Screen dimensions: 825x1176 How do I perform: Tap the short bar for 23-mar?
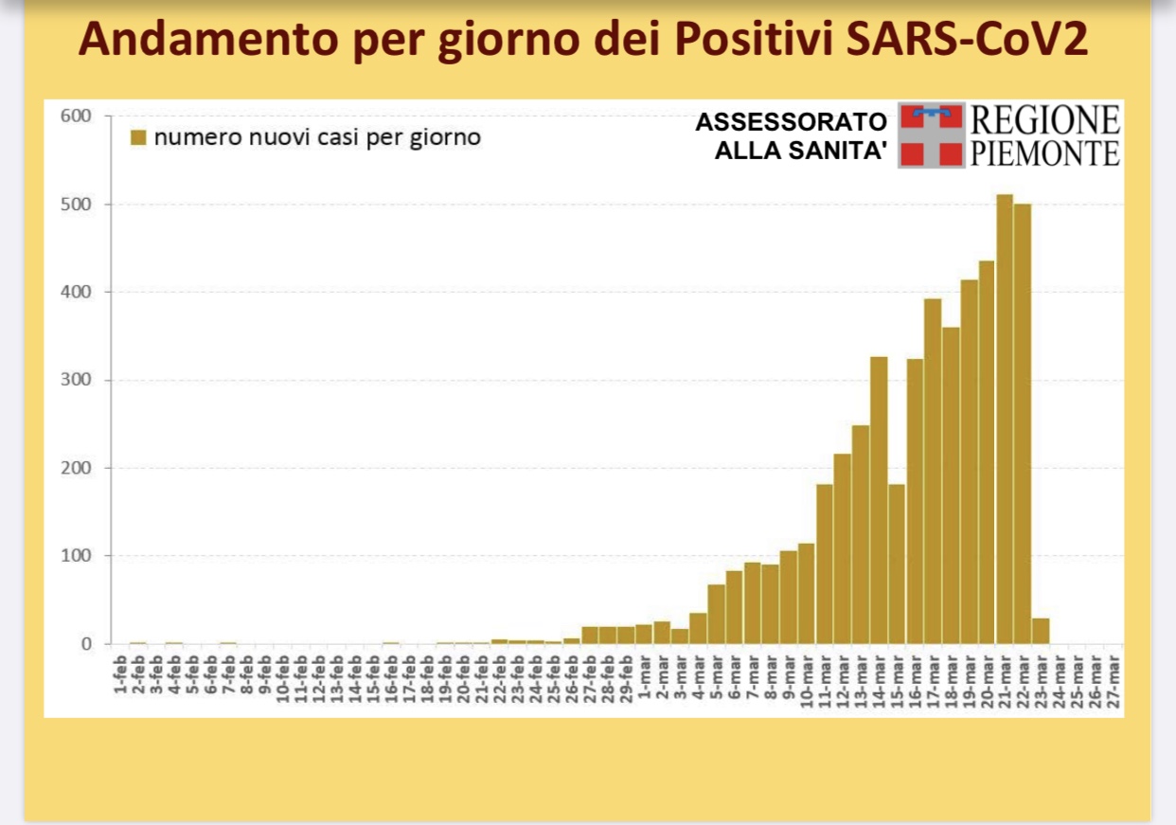[1041, 631]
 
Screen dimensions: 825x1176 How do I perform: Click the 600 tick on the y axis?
[76, 117]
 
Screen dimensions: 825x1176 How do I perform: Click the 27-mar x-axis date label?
[1114, 678]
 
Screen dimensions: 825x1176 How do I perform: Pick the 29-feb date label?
[626, 676]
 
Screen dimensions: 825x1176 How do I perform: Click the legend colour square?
[138, 138]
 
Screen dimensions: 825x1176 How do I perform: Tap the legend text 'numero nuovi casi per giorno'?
[317, 138]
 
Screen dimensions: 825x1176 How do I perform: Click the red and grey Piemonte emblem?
[931, 135]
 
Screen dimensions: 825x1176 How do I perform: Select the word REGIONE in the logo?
[1045, 120]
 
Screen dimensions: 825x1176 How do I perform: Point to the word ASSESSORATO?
[791, 122]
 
